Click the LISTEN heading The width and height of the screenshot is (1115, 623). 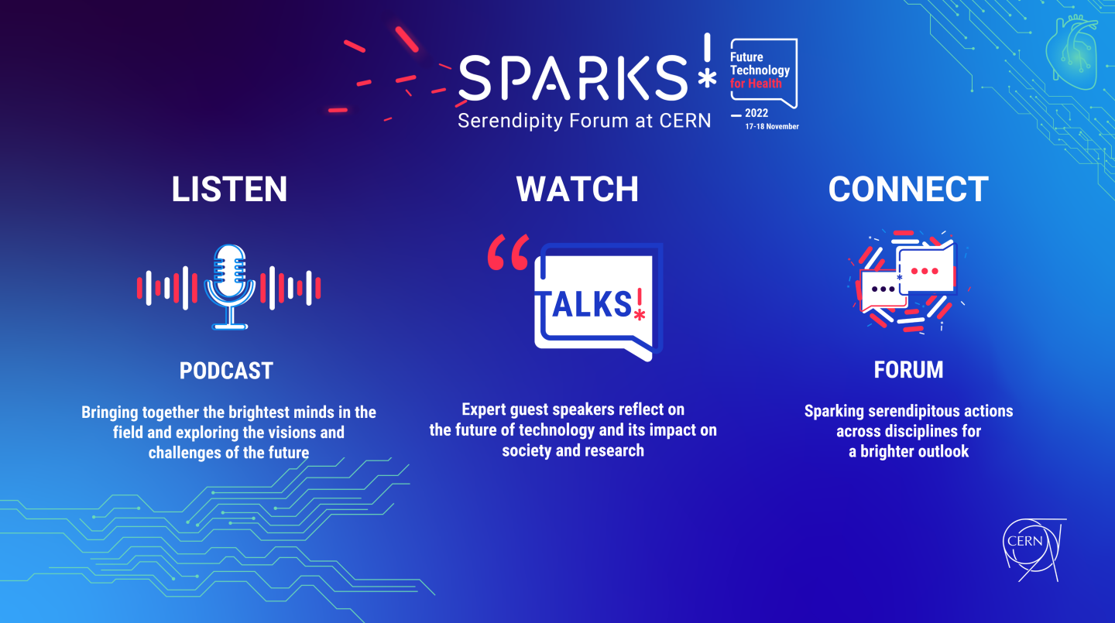click(229, 189)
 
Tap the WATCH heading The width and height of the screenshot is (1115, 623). click(578, 189)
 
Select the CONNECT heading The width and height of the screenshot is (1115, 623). click(908, 189)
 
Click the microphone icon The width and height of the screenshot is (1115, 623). click(229, 286)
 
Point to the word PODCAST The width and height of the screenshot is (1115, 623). click(226, 371)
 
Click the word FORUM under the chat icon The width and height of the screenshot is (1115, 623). click(908, 370)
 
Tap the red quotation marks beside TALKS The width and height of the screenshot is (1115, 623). click(508, 252)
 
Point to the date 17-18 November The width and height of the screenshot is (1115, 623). click(772, 126)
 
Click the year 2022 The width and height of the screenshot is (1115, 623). click(756, 113)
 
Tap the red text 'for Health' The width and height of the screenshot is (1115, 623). click(756, 84)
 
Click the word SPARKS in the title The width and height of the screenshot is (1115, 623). click(572, 77)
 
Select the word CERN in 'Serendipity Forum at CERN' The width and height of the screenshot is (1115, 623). click(685, 121)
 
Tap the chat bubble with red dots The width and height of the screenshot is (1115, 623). click(926, 269)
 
